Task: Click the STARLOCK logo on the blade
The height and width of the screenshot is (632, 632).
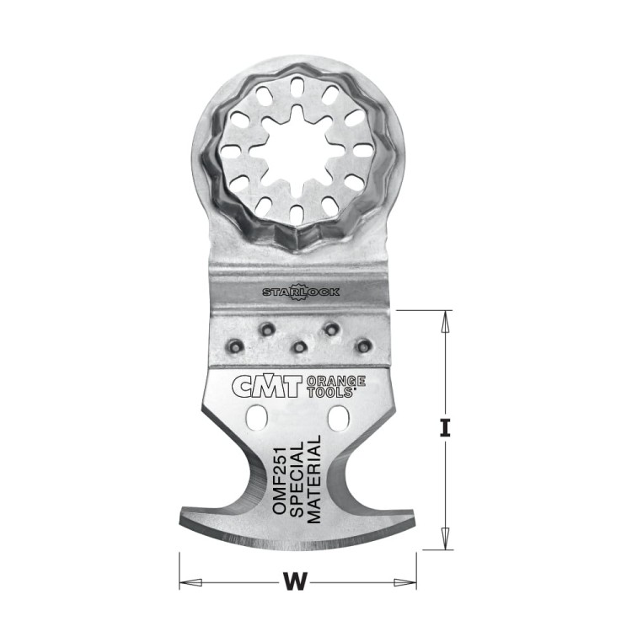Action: [301, 292]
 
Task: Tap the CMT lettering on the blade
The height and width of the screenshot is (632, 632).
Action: [267, 387]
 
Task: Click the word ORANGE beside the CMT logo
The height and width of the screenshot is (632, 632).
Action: [336, 381]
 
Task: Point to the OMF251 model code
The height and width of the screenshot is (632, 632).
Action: [279, 479]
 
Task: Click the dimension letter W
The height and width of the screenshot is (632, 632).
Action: [296, 581]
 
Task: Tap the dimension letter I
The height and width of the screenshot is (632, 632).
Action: [445, 428]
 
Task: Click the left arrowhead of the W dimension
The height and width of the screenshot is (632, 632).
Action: [190, 582]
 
